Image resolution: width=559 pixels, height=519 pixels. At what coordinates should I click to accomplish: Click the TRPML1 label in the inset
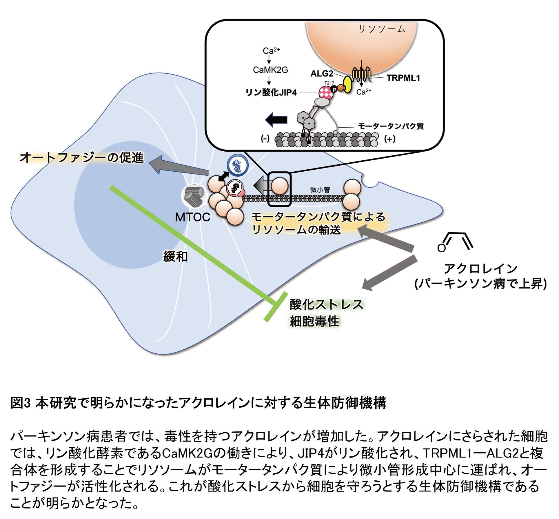(x=403, y=78)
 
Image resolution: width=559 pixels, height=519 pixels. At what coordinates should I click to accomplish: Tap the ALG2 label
(x=322, y=74)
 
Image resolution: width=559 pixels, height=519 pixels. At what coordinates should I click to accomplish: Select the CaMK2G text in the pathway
(x=270, y=70)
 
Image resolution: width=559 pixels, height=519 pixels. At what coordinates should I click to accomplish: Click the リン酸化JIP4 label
(x=271, y=92)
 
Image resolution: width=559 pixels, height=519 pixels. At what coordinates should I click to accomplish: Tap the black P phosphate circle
(x=334, y=90)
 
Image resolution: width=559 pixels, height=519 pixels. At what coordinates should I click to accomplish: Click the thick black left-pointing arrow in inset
(x=276, y=120)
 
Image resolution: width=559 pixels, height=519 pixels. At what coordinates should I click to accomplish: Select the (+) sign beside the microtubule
(x=389, y=139)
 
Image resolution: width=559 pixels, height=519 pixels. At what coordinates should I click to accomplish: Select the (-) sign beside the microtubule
(x=265, y=139)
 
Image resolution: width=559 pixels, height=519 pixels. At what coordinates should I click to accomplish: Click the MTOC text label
(x=192, y=217)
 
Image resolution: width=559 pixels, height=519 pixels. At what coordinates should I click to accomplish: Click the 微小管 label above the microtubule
(x=320, y=190)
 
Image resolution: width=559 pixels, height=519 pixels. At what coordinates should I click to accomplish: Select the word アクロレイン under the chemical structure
(x=480, y=268)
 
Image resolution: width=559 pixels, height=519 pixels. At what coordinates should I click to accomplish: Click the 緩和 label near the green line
(x=176, y=256)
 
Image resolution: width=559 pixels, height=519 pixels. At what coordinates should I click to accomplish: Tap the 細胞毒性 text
(x=314, y=321)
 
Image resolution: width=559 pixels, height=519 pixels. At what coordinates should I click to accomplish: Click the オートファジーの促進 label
(x=82, y=158)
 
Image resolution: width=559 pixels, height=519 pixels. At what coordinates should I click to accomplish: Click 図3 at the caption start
(x=20, y=403)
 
